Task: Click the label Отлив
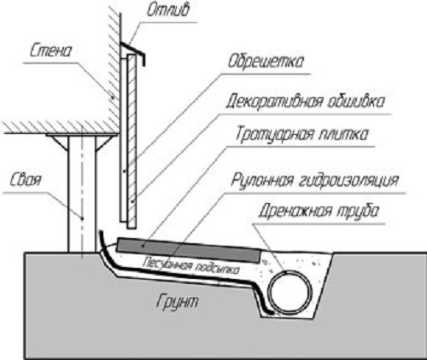click(168, 10)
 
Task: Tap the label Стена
click(50, 50)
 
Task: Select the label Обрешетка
click(266, 61)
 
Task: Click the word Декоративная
click(275, 102)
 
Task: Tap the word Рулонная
click(262, 180)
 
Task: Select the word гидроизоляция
click(348, 180)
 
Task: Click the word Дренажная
click(295, 211)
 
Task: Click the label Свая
click(26, 180)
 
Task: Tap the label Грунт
click(177, 301)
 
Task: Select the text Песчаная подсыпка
click(191, 265)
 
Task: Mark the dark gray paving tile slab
click(189, 251)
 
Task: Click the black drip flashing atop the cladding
click(133, 53)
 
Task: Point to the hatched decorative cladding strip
click(132, 142)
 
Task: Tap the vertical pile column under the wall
click(82, 194)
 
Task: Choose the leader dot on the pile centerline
click(82, 218)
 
